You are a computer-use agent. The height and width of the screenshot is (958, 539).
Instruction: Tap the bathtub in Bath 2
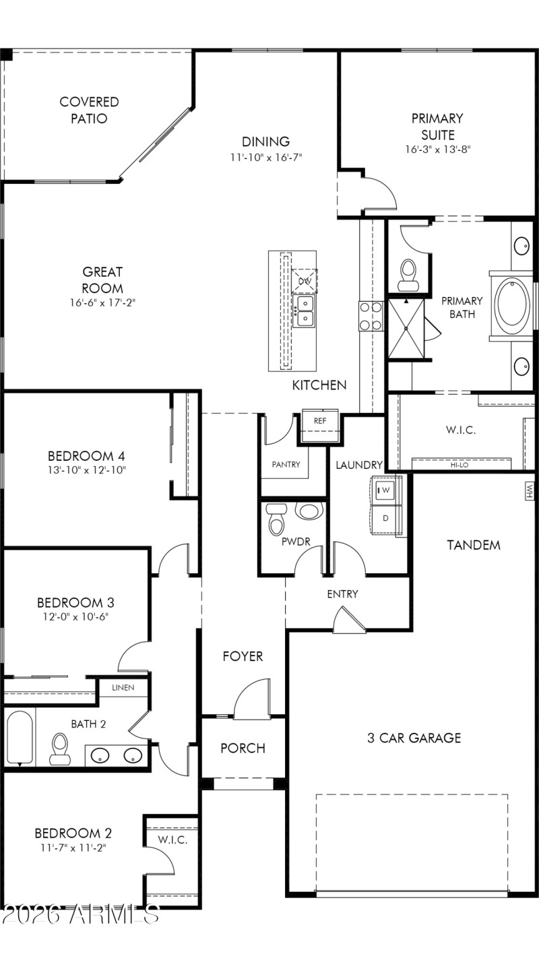point(20,738)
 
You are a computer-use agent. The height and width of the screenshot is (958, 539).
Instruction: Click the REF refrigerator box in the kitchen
point(320,420)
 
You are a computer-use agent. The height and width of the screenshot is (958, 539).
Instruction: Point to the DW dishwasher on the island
point(305,280)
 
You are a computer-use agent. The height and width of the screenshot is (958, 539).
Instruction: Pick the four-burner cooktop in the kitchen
point(371,316)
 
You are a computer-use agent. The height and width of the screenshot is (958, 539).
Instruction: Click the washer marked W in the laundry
point(386,490)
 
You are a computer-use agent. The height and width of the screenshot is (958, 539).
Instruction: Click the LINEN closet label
point(123,687)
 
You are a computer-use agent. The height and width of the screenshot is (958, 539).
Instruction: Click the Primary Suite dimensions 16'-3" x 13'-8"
point(437,150)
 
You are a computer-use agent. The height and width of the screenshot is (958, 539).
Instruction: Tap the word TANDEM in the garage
point(474,545)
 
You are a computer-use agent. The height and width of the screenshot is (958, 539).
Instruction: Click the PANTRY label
point(286,465)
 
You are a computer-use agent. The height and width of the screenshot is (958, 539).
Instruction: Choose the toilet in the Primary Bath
point(408,274)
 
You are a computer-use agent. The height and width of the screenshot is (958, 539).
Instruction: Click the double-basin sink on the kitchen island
point(305,311)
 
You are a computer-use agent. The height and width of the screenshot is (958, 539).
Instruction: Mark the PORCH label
point(243,748)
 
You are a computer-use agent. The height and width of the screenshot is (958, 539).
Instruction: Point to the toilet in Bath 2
point(60,748)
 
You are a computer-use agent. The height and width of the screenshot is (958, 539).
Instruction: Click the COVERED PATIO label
point(89,110)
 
